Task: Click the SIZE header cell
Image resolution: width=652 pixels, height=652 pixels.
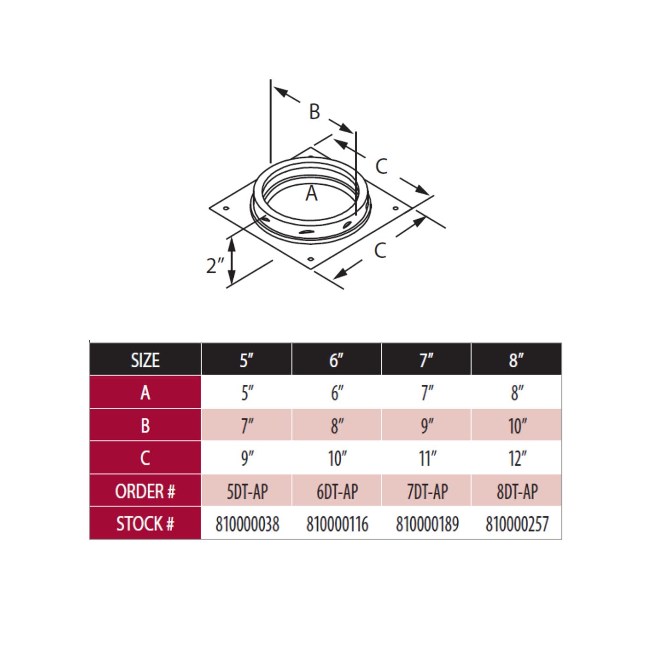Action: (145, 360)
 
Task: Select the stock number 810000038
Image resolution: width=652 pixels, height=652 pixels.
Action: (247, 524)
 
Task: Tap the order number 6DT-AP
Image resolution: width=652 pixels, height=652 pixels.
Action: (337, 492)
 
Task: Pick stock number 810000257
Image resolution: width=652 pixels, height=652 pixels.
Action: (517, 524)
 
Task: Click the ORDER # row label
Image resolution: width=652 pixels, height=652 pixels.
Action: (145, 491)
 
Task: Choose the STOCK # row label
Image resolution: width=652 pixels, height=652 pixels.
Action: (145, 524)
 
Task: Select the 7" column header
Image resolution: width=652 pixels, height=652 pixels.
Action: (426, 360)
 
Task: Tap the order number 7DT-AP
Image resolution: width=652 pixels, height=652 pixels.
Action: (427, 492)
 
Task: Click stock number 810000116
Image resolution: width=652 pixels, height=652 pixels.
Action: (337, 524)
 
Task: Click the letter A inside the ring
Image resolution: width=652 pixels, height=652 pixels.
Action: (311, 193)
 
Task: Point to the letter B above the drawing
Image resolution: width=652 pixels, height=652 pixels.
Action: (314, 111)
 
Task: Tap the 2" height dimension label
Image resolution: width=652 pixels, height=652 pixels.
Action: (215, 265)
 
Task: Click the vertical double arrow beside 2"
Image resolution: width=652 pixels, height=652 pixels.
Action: (232, 261)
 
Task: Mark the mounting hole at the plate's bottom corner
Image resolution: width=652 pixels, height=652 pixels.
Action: (310, 259)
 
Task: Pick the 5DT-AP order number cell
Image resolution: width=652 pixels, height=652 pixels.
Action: (247, 492)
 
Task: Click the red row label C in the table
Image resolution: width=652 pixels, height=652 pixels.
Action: (145, 458)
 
